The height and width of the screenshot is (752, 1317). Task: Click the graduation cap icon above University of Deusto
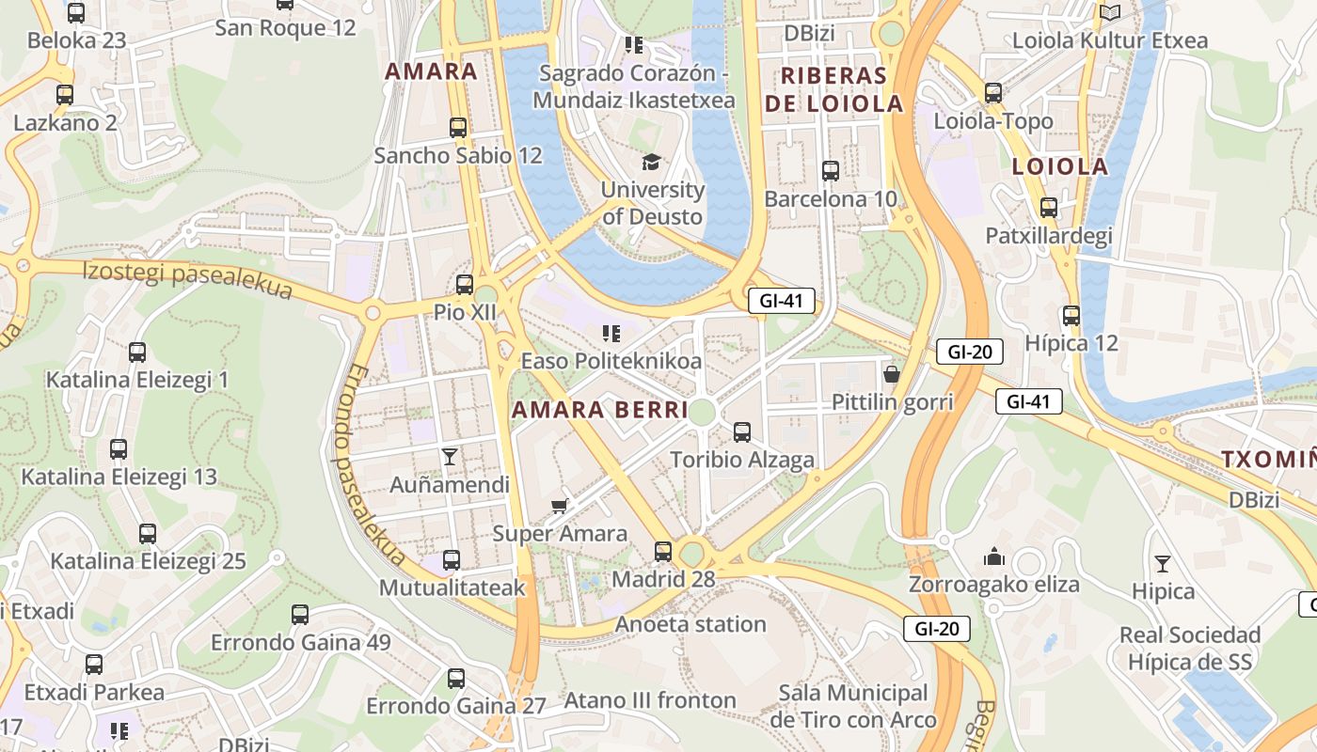tap(651, 162)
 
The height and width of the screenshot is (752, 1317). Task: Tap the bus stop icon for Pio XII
tap(465, 284)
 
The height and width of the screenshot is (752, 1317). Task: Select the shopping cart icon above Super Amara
tap(560, 507)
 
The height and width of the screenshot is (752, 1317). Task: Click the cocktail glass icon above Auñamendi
tap(450, 457)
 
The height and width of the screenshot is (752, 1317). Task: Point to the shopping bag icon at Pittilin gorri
tap(892, 374)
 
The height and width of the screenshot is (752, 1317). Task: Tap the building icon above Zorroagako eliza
tap(994, 556)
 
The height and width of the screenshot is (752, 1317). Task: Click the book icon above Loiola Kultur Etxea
tap(1110, 12)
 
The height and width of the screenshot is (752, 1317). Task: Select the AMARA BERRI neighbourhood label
tap(600, 410)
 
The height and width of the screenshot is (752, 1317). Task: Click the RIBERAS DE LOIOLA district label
tap(833, 89)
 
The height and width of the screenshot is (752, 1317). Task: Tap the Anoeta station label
tap(690, 624)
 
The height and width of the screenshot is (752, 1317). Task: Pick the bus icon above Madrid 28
tap(663, 551)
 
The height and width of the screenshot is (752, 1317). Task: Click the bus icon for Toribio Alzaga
tap(742, 431)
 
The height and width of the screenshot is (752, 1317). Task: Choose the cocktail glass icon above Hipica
tap(1163, 563)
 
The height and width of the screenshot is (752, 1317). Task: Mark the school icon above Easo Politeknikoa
tap(611, 333)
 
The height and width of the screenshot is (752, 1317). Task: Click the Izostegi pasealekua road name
tap(187, 280)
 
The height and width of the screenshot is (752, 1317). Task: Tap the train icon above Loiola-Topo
tap(993, 92)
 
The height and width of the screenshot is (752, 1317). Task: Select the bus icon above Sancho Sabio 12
tap(458, 127)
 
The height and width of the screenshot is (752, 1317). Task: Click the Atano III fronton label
tap(649, 700)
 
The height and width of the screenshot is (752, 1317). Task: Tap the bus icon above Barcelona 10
tap(831, 170)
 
